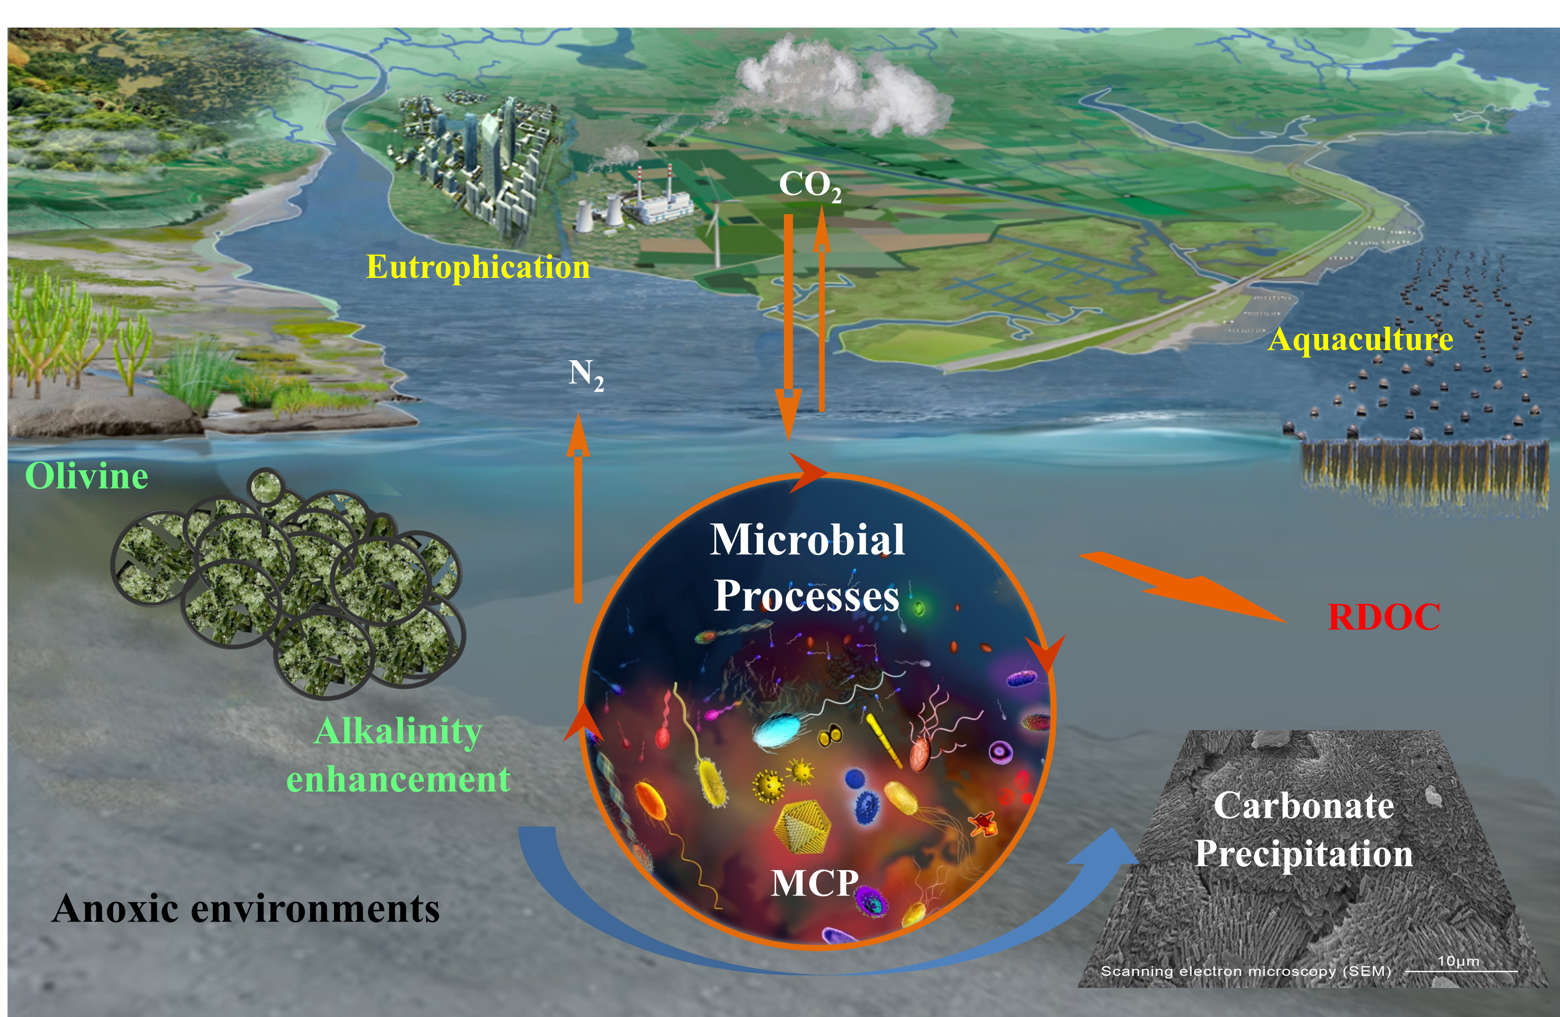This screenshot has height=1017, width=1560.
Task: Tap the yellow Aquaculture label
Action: click(1360, 340)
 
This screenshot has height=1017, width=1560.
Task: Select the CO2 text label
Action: click(810, 185)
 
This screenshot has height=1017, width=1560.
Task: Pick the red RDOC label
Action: click(1383, 617)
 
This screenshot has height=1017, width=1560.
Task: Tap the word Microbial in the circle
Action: click(807, 540)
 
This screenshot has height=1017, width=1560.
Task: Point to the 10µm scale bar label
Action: click(1458, 961)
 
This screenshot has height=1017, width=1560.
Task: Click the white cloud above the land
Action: click(846, 88)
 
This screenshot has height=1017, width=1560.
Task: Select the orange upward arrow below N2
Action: click(578, 511)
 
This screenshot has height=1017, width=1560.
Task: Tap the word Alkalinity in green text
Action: click(399, 731)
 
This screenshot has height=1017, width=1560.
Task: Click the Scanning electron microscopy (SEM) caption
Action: click(1245, 971)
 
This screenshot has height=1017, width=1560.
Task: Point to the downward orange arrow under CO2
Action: click(789, 328)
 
